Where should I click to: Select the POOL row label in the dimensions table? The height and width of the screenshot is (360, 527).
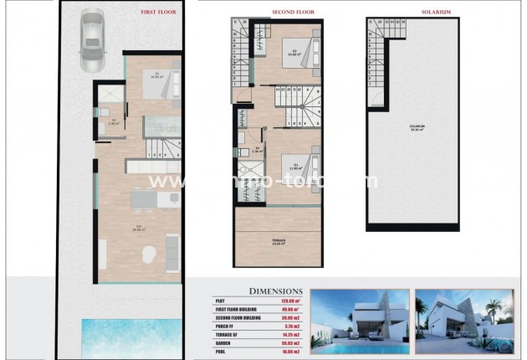pyautogui.click(x=219, y=352)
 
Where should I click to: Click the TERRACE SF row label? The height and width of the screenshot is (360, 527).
pyautogui.click(x=226, y=335)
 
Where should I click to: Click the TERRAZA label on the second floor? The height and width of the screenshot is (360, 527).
pyautogui.click(x=278, y=240)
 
